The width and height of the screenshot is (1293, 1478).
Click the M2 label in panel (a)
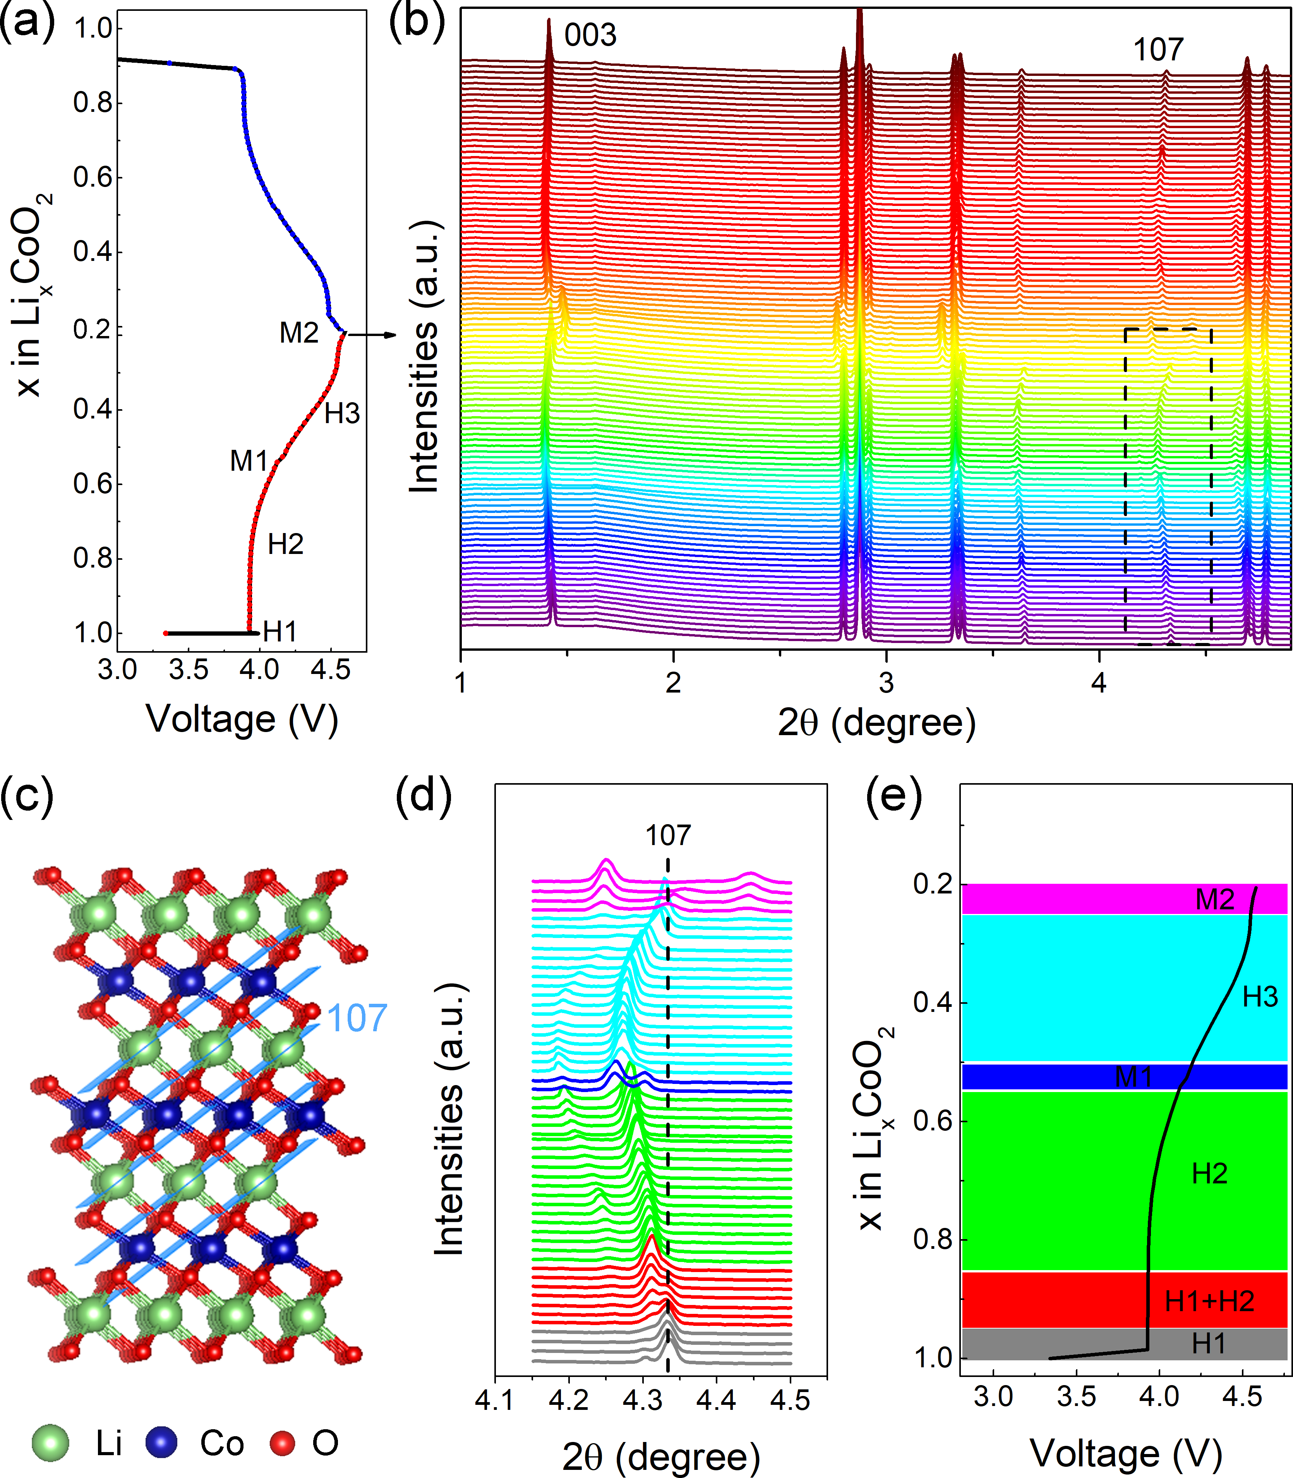[x=299, y=333]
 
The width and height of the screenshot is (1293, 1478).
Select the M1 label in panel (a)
[x=249, y=461]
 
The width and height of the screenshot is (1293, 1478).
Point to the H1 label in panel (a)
[x=280, y=632]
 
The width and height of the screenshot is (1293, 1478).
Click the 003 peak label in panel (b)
[x=590, y=34]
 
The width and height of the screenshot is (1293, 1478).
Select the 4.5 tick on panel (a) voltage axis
[x=331, y=669]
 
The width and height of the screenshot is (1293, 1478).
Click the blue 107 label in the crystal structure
[x=357, y=1018]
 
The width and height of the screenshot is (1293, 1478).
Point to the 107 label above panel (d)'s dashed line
[x=667, y=835]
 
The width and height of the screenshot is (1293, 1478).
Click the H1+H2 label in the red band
[x=1209, y=1301]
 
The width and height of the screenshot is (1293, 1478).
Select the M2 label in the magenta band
[x=1215, y=900]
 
